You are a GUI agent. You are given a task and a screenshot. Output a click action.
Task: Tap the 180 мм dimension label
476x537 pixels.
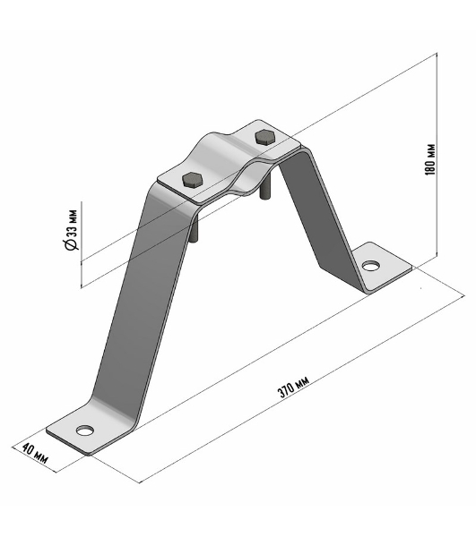430,159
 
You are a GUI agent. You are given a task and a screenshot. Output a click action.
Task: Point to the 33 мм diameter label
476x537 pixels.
73,224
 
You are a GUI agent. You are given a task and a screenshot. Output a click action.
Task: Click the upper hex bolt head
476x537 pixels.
264,137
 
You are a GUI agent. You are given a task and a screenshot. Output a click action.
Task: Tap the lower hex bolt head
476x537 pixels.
193,180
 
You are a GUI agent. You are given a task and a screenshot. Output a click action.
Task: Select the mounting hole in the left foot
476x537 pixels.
84,430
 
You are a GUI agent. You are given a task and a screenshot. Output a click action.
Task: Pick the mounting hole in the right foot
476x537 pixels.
371,266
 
